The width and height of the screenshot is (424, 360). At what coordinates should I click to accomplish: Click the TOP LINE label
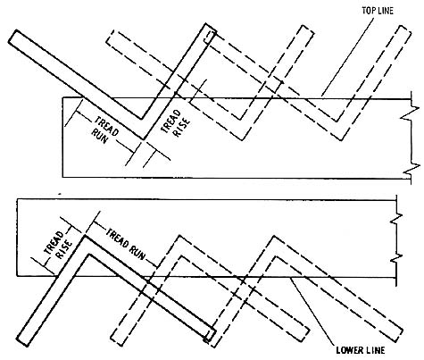click(378, 11)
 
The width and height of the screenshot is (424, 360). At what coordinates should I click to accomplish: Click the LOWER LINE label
click(361, 350)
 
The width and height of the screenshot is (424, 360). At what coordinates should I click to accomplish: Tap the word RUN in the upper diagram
click(99, 136)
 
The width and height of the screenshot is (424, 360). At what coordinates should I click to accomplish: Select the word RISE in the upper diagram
click(181, 128)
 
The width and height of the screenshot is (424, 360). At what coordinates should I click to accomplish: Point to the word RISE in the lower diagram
click(64, 250)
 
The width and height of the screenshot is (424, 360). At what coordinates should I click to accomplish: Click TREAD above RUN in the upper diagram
click(106, 126)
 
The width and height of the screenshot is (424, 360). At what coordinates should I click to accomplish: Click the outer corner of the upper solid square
click(144, 139)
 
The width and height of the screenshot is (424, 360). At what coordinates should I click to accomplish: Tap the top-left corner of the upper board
click(62, 97)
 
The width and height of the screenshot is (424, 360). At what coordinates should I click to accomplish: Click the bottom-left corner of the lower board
click(17, 277)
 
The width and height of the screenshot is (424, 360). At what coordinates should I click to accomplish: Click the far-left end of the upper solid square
click(12, 37)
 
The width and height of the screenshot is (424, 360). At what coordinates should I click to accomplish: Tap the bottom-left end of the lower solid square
click(22, 342)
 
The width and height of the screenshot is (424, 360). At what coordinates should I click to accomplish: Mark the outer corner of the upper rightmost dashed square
click(342, 140)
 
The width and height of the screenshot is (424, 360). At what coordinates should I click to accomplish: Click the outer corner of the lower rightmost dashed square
click(273, 236)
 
